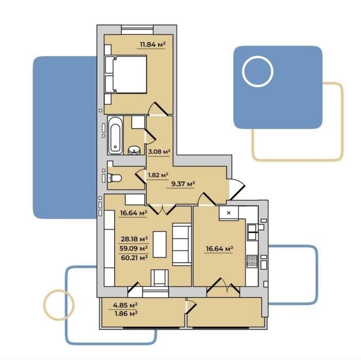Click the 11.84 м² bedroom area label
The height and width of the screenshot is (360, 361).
153,44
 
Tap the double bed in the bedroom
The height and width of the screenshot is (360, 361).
126,74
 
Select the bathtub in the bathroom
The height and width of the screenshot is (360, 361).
115,135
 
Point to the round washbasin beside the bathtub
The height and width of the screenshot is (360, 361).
134,150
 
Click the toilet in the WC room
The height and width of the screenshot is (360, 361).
114,178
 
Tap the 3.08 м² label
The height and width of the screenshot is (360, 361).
159,152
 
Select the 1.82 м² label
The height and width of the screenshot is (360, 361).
158,175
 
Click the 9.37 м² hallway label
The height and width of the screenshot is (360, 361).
183,184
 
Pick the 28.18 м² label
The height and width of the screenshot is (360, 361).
134,239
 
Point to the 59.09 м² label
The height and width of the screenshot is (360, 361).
134,248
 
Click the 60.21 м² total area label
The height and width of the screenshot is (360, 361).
134,258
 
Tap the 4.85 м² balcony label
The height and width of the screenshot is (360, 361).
125,305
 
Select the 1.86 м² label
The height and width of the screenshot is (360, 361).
126,313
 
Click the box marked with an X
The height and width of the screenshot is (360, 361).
229,213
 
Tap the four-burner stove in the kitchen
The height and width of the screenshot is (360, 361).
252,261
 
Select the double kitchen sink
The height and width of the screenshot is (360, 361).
252,232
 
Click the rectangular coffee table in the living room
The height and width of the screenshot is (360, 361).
160,245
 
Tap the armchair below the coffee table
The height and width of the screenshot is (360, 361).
160,278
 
